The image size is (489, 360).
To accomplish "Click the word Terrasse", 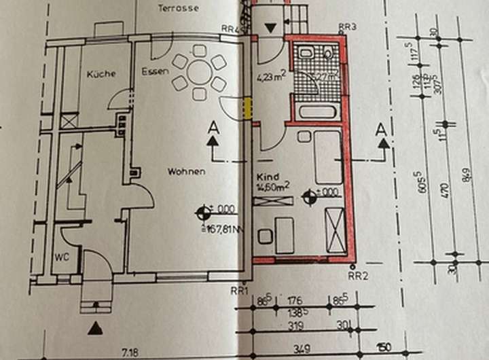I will [x=178, y=9].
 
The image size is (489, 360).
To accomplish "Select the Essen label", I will [x=154, y=71].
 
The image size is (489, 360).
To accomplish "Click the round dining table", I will [x=200, y=71].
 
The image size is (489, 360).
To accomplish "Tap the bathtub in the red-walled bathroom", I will [x=319, y=112].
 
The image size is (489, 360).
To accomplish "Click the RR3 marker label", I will [x=347, y=27].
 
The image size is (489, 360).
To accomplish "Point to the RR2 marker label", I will [x=358, y=276].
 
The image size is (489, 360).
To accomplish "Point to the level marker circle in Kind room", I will [x=310, y=198].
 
